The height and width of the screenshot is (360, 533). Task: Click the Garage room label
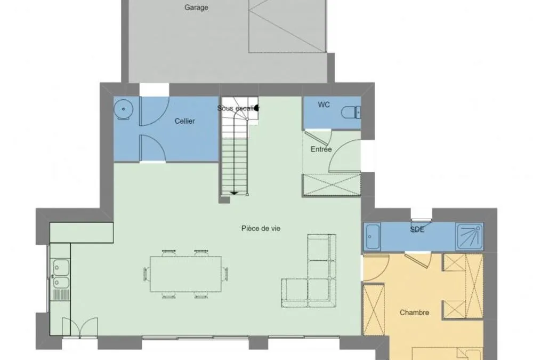pos(196,7)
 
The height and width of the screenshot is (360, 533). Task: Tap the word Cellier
pos(184,121)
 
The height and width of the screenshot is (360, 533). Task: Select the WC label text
pos(324,105)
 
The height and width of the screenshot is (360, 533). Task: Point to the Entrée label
pos(321,149)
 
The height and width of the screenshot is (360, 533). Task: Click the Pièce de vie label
pos(261,228)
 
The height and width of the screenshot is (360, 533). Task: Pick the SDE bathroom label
pos(417,230)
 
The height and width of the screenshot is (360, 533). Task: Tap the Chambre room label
pos(414,313)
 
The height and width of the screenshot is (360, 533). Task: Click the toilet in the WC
pos(351,112)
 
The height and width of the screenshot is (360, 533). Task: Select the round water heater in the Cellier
pos(124,109)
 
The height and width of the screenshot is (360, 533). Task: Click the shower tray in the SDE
pos(470,236)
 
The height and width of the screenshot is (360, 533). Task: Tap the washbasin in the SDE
pos(373,236)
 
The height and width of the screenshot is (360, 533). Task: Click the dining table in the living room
pos(185,274)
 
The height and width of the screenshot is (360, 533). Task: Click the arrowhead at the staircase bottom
pos(234,193)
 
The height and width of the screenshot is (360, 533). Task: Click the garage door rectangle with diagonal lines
pos(288,26)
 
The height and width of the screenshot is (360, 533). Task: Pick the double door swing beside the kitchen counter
pos(80,327)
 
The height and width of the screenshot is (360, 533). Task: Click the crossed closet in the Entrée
pos(332,185)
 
